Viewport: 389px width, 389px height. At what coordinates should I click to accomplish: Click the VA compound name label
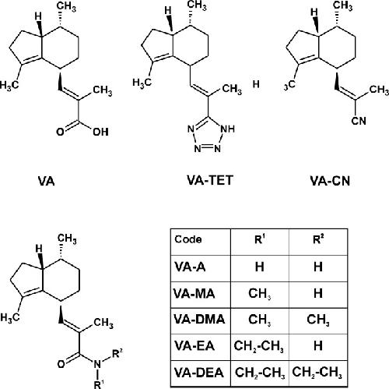point(47,181)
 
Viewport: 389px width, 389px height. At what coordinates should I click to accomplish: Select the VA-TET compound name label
point(210,180)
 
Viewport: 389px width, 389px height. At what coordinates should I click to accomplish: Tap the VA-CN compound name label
point(330,181)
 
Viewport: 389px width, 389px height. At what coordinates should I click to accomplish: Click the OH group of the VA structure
point(100,132)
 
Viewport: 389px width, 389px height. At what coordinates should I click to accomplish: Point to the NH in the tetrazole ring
point(228,129)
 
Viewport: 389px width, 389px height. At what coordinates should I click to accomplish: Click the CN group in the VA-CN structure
point(359,121)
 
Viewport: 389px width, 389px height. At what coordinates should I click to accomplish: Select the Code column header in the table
point(188,239)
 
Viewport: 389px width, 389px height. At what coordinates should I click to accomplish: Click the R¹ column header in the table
point(260,239)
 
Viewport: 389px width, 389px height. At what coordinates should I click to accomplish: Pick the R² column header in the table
point(318,239)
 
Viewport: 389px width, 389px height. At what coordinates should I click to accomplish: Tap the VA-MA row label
point(194,294)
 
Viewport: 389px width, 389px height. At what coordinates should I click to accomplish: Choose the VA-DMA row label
point(199,320)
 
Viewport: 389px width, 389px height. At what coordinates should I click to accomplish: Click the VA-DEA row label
point(198,373)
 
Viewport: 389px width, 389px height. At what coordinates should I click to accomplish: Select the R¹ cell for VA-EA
point(259,346)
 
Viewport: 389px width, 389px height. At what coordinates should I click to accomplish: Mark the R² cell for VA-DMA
point(318,320)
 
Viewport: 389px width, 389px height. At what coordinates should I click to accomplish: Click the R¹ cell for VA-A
point(260,267)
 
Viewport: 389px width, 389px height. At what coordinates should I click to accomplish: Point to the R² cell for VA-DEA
point(317,373)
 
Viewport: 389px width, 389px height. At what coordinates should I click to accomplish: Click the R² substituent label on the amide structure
point(117,354)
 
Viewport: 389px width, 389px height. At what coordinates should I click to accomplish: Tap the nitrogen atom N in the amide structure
point(97,364)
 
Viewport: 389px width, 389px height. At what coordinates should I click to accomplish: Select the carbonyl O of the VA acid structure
point(60,132)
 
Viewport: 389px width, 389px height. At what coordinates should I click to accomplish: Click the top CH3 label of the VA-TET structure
point(197,5)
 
